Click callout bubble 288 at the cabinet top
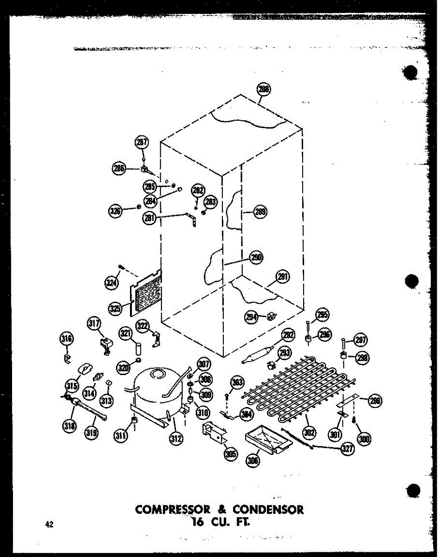point(264,90)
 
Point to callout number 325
point(116,307)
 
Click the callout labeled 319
point(92,434)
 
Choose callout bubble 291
point(283,277)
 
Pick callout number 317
point(95,324)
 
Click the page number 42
point(49,525)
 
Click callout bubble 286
point(119,169)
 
